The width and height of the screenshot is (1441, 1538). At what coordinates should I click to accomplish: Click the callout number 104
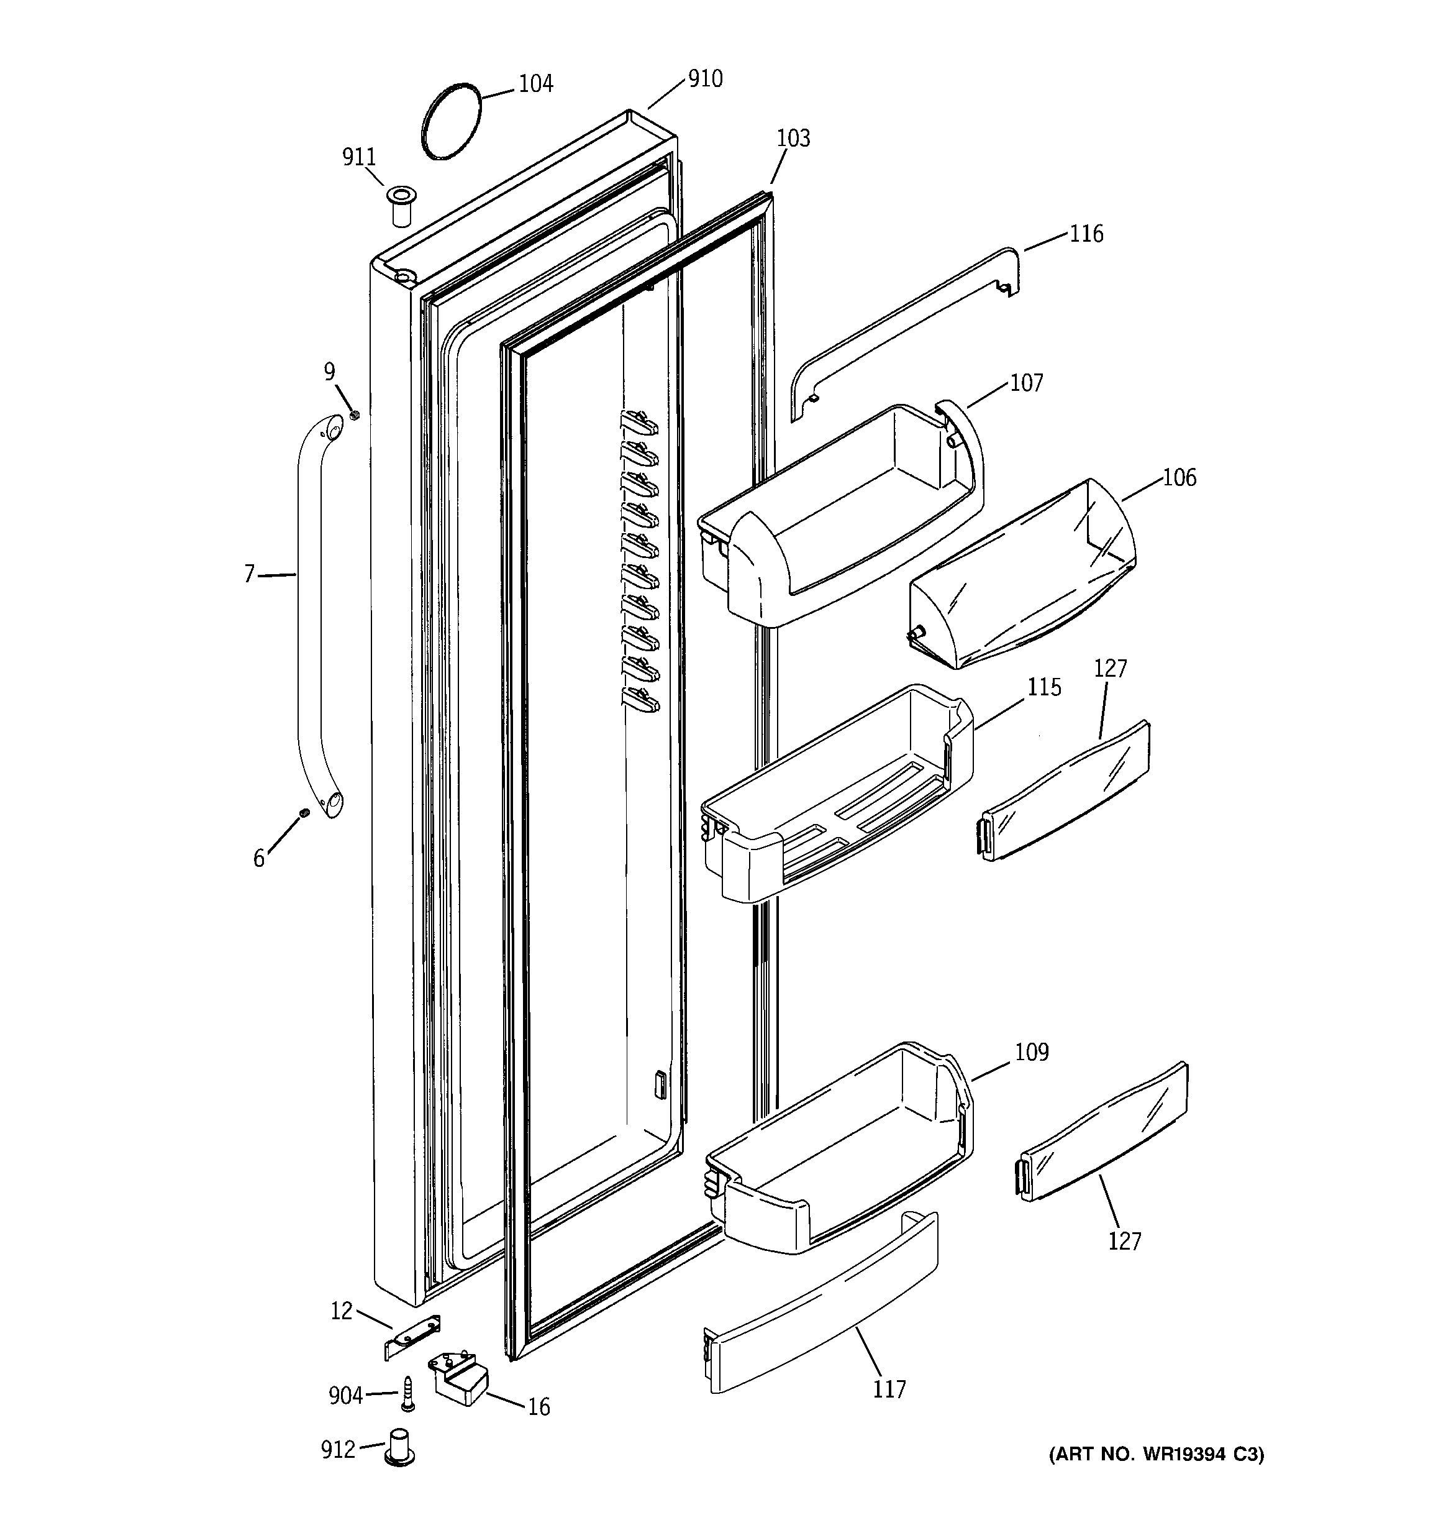tap(535, 83)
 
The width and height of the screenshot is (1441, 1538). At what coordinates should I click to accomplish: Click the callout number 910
tap(704, 79)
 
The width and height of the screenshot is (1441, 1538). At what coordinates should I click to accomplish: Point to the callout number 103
tap(793, 139)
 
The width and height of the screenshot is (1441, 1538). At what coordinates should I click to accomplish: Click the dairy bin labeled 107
tap(843, 526)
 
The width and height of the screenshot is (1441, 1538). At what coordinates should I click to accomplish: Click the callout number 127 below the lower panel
tap(1124, 1241)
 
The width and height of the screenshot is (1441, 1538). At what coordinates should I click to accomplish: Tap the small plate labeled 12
tap(412, 1336)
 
